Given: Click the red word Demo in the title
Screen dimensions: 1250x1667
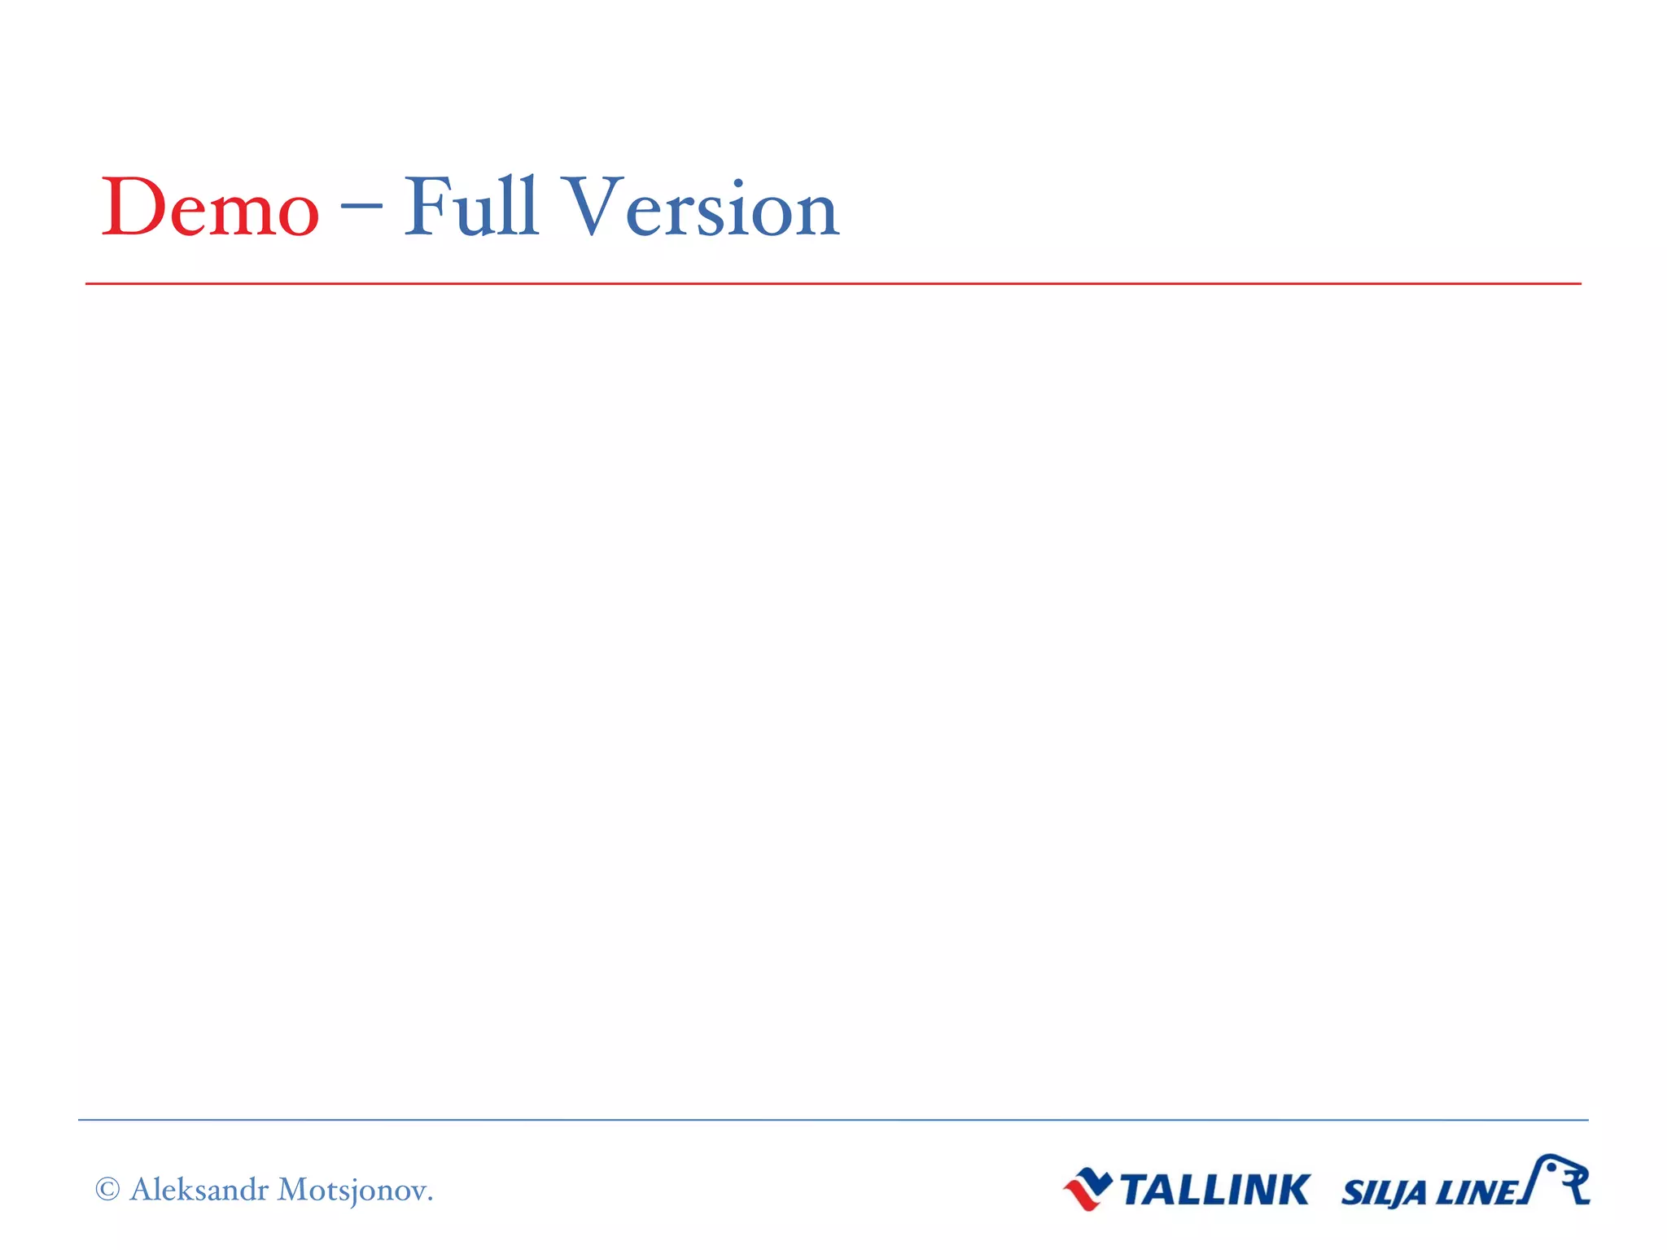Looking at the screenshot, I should click(x=210, y=208).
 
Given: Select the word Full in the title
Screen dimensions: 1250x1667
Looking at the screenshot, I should click(x=471, y=208).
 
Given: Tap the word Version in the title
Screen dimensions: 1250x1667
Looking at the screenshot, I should click(x=702, y=208).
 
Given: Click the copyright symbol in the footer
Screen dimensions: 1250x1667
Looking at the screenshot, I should click(x=107, y=1190).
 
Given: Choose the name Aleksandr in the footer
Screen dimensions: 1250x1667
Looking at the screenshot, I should click(x=199, y=1190).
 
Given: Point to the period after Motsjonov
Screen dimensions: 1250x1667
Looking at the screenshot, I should click(x=430, y=1199).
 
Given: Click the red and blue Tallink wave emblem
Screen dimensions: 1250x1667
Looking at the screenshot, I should click(x=1087, y=1189).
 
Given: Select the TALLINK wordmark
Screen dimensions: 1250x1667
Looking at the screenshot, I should click(x=1214, y=1190).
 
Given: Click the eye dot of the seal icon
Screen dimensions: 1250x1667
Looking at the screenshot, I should click(x=1552, y=1168).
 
